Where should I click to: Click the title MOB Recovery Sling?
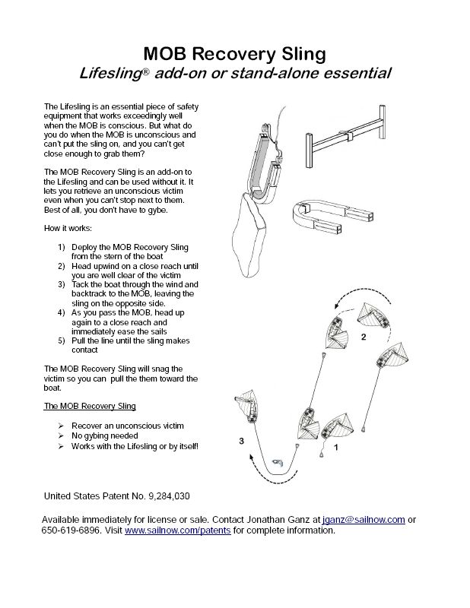pyautogui.click(x=234, y=53)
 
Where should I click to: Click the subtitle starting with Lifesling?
pyautogui.click(x=235, y=74)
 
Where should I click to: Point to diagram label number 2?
pyautogui.click(x=364, y=338)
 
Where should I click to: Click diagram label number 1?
pyautogui.click(x=336, y=448)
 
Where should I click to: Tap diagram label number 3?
pyautogui.click(x=241, y=440)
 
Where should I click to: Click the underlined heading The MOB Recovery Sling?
pyautogui.click(x=90, y=407)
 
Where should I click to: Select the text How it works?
pyautogui.click(x=69, y=229)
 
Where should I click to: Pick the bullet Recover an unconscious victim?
pyautogui.click(x=127, y=426)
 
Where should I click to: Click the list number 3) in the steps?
pyautogui.click(x=62, y=284)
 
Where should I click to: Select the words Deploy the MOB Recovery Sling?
pyautogui.click(x=130, y=248)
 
